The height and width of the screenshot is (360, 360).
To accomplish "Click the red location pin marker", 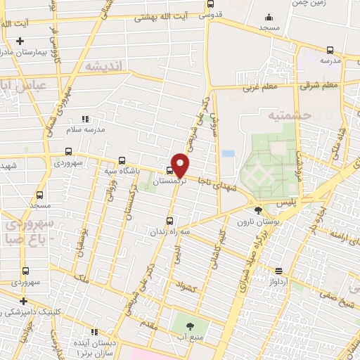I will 181,164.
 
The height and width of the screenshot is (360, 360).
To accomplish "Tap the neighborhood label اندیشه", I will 104,65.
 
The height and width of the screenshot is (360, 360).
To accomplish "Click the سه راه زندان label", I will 167,230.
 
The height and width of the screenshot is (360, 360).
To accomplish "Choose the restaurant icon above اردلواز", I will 278,271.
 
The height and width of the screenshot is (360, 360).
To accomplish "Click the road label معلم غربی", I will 263,86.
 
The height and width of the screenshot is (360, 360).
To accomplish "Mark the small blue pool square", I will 228,153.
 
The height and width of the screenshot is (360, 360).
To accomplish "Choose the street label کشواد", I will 190,286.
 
